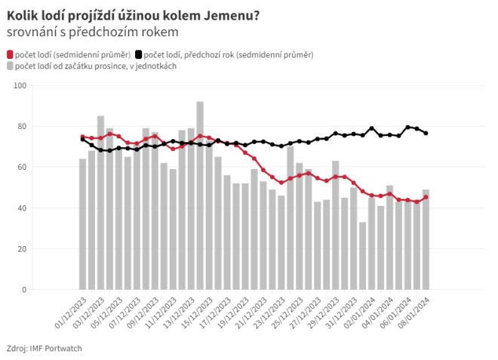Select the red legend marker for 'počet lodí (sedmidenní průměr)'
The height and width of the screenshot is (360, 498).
click(11, 54)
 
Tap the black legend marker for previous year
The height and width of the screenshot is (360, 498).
click(139, 54)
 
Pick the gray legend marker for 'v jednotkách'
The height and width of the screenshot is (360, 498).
click(11, 66)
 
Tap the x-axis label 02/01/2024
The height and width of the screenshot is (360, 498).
click(356, 313)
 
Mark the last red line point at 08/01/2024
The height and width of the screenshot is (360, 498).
click(426, 197)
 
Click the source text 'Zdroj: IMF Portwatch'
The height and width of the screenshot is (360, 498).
click(44, 347)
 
